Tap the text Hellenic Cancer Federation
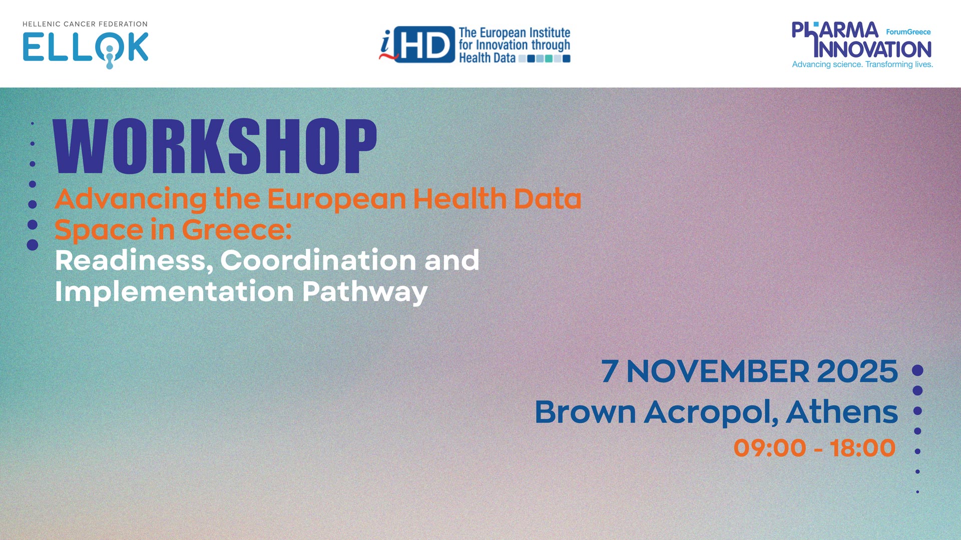85,24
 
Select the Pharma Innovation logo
862,44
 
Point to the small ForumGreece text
908,32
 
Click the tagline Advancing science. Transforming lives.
862,64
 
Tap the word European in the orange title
337,199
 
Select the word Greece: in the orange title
237,229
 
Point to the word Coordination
318,260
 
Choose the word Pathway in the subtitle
365,292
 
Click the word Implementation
174,292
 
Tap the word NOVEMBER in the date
718,371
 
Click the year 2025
857,371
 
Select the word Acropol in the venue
711,413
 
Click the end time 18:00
862,448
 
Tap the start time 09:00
770,448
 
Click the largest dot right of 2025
917,370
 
